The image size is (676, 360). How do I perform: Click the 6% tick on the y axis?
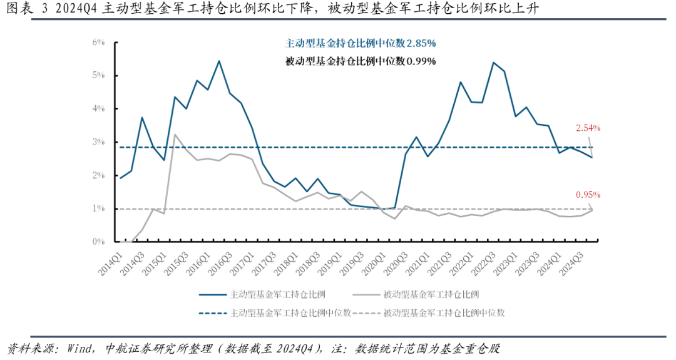pyautogui.click(x=98, y=43)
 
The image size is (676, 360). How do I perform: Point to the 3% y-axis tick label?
pyautogui.click(x=98, y=142)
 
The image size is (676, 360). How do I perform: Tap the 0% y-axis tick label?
pyautogui.click(x=98, y=242)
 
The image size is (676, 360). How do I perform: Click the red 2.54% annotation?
pyautogui.click(x=588, y=128)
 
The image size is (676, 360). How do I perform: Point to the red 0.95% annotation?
pyautogui.click(x=588, y=194)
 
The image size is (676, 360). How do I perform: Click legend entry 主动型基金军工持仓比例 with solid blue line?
pyautogui.click(x=270, y=293)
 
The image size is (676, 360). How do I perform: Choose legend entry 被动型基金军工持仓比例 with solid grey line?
pyautogui.click(x=424, y=293)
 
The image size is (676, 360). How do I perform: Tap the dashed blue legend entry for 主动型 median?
pyautogui.click(x=275, y=312)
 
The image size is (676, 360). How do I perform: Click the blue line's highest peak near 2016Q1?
pyautogui.click(x=218, y=61)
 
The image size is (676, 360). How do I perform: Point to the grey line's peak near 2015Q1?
pyautogui.click(x=175, y=134)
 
